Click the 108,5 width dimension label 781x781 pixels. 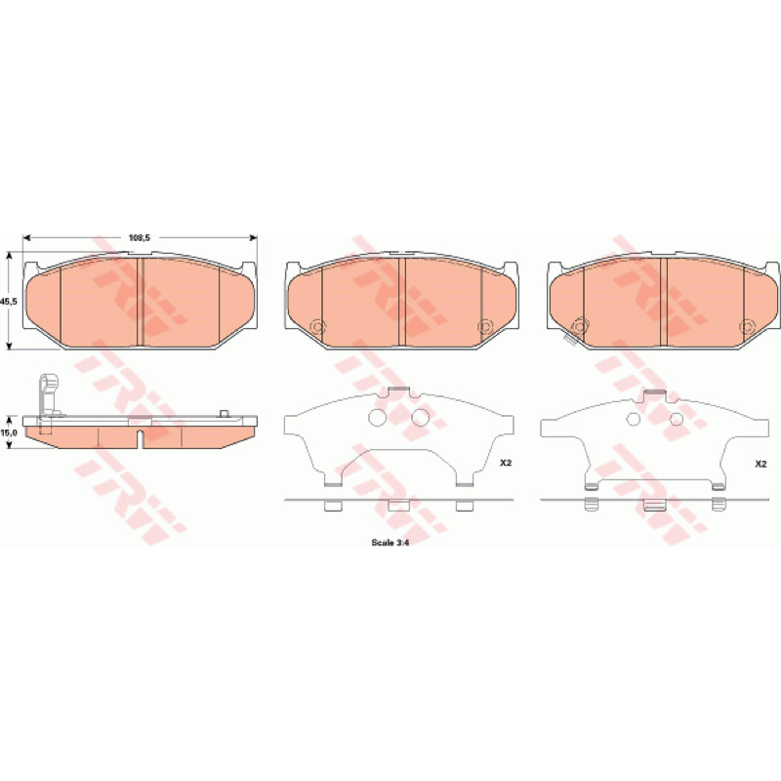tap(140, 238)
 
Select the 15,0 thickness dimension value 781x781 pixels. tap(10, 432)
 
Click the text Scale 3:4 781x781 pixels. tap(390, 543)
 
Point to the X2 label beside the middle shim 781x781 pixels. tap(506, 463)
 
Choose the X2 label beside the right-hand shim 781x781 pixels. tap(760, 464)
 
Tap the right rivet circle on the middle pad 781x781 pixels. tap(484, 327)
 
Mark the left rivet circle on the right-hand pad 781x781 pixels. tap(579, 327)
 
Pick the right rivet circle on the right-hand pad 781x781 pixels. tap(746, 327)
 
